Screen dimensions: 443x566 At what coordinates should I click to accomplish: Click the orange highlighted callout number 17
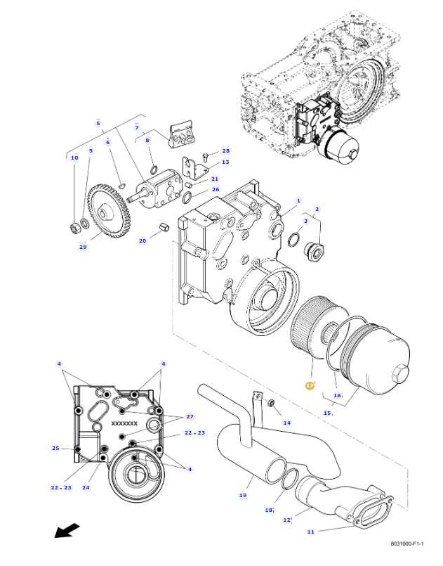point(310,385)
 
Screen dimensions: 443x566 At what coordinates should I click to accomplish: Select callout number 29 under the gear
point(83,247)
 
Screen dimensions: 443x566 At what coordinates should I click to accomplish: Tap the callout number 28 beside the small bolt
point(225,151)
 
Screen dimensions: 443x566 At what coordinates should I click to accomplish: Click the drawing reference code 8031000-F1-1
point(407,544)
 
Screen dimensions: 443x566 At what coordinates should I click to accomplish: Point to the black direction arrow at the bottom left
point(67,530)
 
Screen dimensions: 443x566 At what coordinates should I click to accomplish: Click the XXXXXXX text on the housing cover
point(124,423)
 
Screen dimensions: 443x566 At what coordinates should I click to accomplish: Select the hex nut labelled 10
point(75,228)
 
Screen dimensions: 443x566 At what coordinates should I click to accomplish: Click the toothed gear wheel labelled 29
point(110,211)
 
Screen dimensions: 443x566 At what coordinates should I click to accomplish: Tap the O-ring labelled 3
point(294,240)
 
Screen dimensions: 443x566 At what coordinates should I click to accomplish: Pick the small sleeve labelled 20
point(164,228)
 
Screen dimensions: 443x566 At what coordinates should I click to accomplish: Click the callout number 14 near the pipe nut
point(287,423)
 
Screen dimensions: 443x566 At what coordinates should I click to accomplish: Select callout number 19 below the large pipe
point(243,495)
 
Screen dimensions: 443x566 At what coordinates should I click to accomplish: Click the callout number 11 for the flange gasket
point(311,532)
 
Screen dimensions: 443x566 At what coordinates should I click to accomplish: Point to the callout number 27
point(190,416)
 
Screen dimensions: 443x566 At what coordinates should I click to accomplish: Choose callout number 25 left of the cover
point(55,449)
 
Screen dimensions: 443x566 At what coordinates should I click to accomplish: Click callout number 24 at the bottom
point(86,487)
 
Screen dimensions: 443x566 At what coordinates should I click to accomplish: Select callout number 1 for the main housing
point(298,200)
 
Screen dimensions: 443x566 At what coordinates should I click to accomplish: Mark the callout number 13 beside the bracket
point(225,162)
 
